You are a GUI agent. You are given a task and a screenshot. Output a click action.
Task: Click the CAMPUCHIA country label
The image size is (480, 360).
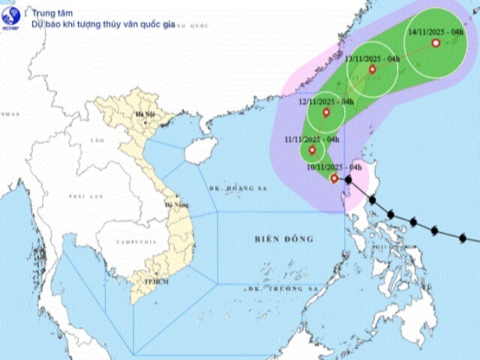pos(136,242)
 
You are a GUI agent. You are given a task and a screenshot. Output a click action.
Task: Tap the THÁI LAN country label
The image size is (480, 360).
pos(85,196)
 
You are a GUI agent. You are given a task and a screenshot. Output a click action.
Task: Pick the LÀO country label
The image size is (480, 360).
pos(96,141)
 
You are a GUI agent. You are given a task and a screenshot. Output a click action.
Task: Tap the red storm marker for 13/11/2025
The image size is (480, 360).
pos(372,70)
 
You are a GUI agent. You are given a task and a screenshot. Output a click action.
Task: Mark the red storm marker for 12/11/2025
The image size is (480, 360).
pos(325,112)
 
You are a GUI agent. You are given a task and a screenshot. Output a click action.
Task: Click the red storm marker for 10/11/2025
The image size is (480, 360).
pos(334,178)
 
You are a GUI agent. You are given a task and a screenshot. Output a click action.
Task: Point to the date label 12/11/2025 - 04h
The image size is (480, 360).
pos(326,100)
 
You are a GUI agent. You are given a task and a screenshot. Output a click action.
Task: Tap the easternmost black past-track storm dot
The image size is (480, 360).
pos(463,238)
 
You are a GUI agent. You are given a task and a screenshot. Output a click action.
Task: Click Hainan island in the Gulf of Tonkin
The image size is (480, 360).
pos(195,151)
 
